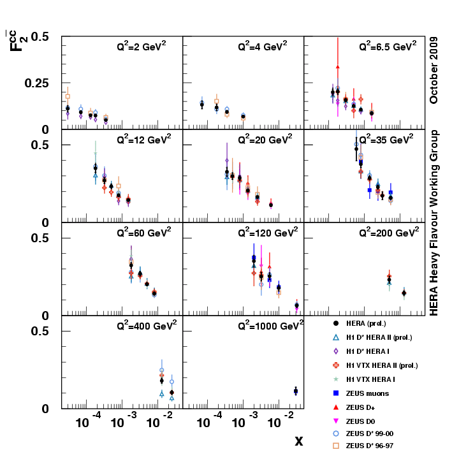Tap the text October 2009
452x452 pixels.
pyautogui.click(x=434, y=70)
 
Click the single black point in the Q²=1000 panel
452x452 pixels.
pyautogui.click(x=296, y=391)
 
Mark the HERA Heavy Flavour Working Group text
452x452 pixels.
pyautogui.click(x=434, y=223)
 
